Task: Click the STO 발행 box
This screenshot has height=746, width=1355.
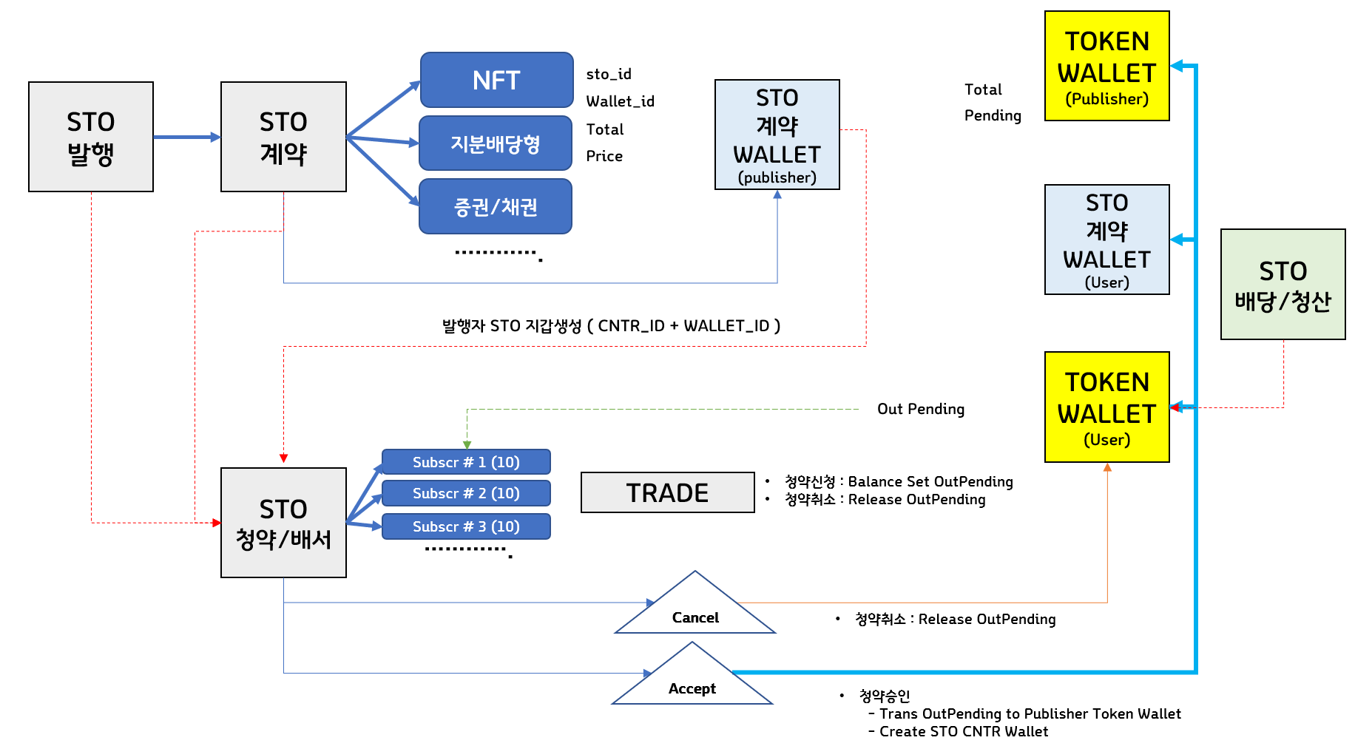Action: point(91,137)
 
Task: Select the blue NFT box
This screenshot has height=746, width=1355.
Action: point(496,80)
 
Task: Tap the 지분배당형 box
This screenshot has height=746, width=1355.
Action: point(496,143)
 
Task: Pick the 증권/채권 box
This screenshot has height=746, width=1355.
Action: point(496,207)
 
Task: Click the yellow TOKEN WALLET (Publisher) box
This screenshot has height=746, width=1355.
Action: point(1106,67)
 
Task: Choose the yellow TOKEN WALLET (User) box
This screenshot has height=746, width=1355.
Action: point(1106,407)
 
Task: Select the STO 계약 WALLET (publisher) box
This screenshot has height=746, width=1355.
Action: point(777,135)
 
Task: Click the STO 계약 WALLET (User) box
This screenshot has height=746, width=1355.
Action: point(1106,240)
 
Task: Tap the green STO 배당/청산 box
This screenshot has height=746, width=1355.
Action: point(1283,285)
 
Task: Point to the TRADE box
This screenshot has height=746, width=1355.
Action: point(667,492)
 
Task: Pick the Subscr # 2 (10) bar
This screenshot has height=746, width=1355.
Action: point(466,493)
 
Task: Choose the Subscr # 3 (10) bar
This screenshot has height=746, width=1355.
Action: point(466,526)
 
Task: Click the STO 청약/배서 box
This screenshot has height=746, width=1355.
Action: point(283,523)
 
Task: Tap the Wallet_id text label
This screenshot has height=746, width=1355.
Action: point(620,101)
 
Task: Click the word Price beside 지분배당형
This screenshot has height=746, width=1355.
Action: point(604,156)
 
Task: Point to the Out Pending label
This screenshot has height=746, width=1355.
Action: point(920,409)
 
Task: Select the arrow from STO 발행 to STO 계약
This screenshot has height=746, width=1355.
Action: point(186,137)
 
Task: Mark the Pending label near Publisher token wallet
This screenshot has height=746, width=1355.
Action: point(993,115)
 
